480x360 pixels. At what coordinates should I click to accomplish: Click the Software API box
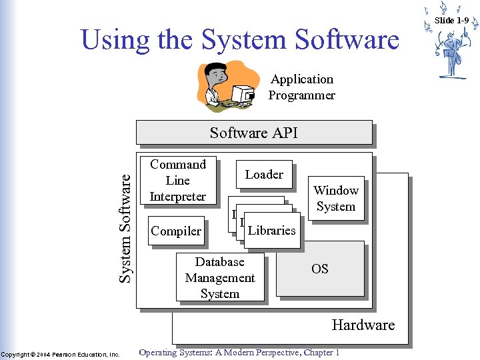click(254, 133)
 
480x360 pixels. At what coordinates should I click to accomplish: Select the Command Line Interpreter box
click(178, 181)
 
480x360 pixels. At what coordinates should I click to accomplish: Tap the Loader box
click(264, 175)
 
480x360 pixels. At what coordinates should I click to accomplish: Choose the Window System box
click(336, 198)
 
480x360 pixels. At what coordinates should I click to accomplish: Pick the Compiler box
click(176, 231)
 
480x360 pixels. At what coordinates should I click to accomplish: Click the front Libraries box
click(271, 231)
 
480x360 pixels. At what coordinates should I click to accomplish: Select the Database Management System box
click(220, 278)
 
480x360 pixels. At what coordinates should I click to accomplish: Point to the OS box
click(320, 269)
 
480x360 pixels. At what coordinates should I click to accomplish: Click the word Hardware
click(363, 325)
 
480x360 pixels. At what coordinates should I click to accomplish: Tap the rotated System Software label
click(126, 223)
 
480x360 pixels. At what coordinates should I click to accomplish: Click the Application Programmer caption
click(301, 87)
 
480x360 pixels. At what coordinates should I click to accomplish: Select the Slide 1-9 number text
click(451, 20)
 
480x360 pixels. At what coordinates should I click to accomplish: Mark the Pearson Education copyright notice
click(61, 353)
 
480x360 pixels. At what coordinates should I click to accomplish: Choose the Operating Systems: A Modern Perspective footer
click(239, 353)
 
